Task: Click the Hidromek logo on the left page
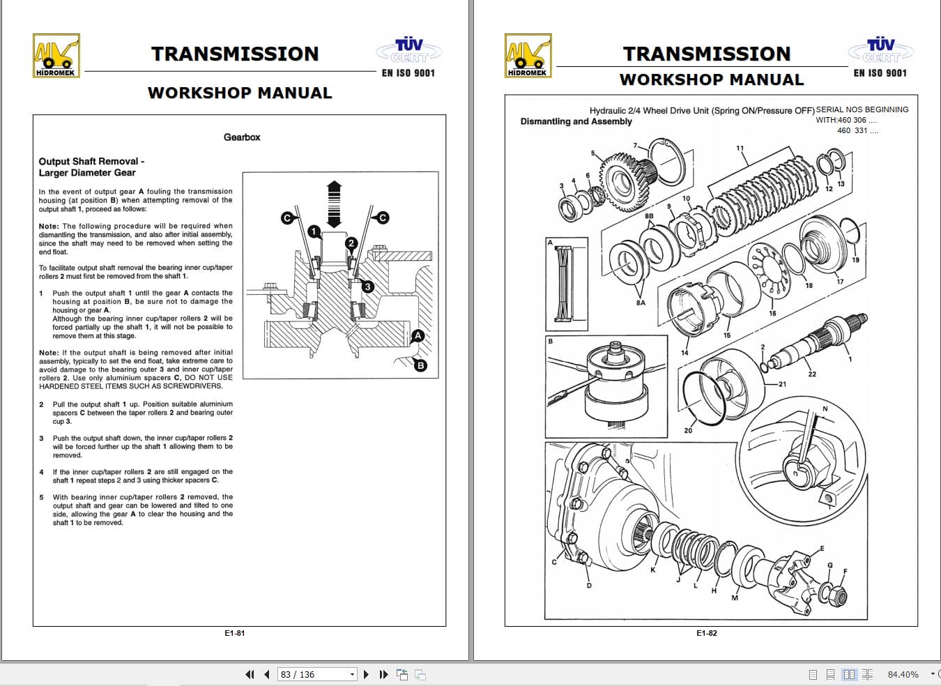(x=56, y=56)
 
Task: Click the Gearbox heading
(x=242, y=137)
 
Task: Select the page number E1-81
(x=235, y=633)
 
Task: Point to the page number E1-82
(x=707, y=633)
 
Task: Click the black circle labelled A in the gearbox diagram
(x=418, y=335)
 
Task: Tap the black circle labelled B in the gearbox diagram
(x=420, y=365)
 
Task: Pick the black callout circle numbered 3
(x=367, y=287)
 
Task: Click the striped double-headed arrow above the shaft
(x=334, y=204)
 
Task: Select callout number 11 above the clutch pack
(x=740, y=148)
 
